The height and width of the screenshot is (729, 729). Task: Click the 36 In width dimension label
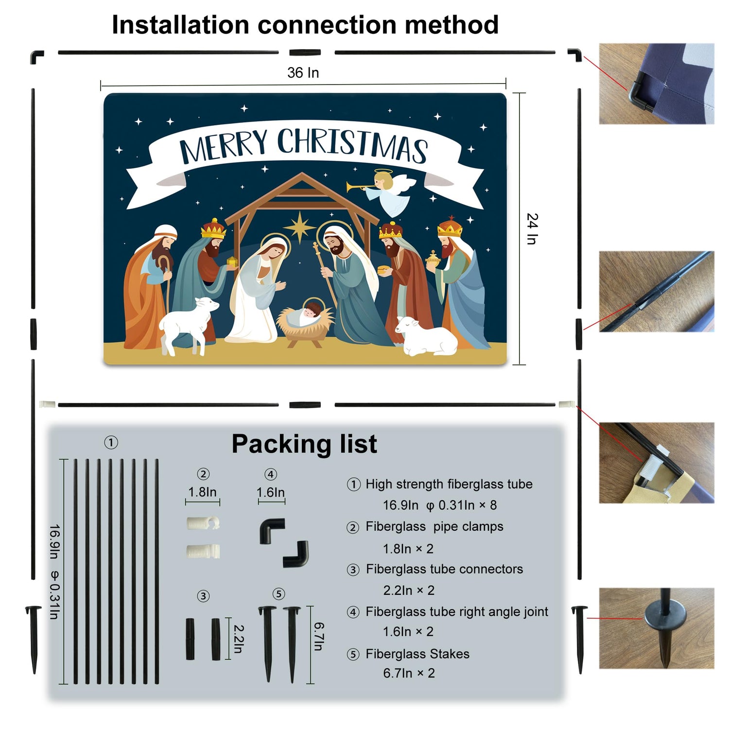pos(303,73)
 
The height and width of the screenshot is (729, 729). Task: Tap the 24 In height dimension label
pos(533,228)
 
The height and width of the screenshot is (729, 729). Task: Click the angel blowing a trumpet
pos(384,192)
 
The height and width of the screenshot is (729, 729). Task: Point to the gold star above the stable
pos(300,226)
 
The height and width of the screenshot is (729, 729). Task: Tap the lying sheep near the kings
pos(426,336)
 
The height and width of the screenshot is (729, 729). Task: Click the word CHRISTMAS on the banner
pos(352,144)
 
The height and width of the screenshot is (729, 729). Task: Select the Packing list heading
pos(304,444)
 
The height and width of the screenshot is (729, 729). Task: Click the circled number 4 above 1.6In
pos(271,474)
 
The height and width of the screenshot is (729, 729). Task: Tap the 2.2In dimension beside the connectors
pos(238,639)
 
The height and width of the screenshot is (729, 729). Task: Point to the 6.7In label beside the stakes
pos(319,636)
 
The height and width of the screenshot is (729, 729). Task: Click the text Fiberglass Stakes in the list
pos(417,654)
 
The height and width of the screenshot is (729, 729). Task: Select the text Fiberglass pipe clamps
pos(434,527)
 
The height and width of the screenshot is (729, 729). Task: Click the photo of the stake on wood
pos(657,628)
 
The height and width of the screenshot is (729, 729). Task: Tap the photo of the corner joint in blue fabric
pos(657,84)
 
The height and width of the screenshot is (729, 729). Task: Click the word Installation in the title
pos(180,25)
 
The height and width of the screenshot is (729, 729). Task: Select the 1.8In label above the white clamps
pos(203,492)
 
